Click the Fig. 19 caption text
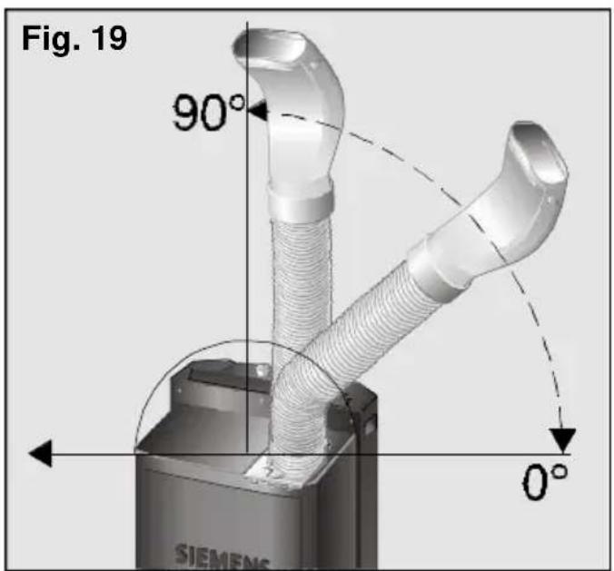click(74, 39)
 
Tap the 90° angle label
click(208, 113)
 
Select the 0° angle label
click(545, 481)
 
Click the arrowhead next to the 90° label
click(257, 111)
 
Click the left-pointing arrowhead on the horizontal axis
click(41, 453)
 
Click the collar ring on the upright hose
click(301, 200)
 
